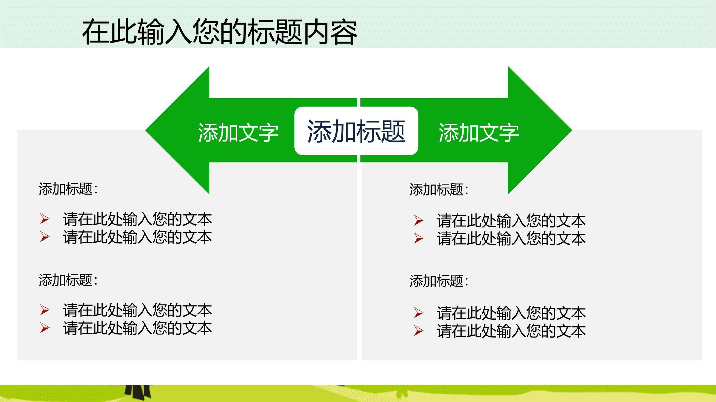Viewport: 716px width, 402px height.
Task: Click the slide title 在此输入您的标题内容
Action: point(220,32)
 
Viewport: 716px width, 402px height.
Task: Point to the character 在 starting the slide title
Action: point(96,32)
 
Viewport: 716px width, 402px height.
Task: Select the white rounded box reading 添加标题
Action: point(356,131)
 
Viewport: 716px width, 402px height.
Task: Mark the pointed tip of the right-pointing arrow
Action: point(572,130)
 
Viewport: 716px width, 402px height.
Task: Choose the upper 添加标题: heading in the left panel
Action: point(68,189)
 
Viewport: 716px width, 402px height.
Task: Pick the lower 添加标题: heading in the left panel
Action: point(68,280)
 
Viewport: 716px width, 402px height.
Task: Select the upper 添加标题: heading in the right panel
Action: point(439,190)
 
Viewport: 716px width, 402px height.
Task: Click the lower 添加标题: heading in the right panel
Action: point(439,281)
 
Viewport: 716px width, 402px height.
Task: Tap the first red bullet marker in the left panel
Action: point(45,219)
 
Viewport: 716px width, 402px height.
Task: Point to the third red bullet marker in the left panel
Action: point(45,310)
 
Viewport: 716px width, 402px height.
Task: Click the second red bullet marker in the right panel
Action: point(419,238)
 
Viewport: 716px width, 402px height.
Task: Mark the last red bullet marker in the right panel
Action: point(419,331)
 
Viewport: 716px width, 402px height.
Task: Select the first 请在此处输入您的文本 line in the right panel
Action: point(511,221)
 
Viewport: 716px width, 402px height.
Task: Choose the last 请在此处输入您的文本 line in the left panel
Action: point(138,328)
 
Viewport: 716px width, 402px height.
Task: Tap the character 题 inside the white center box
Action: point(393,131)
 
